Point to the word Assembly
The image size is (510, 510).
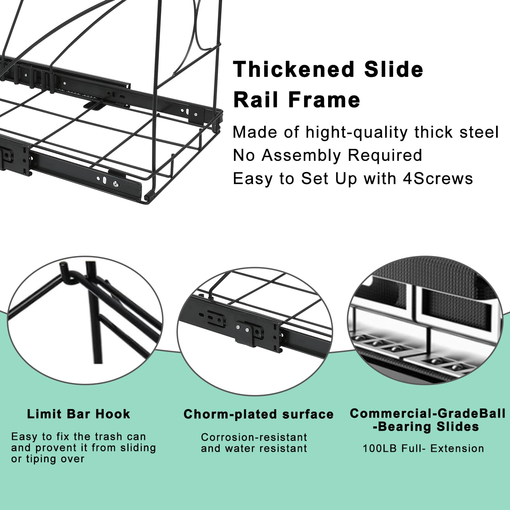tap(301, 156)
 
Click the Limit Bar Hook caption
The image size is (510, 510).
tap(79, 414)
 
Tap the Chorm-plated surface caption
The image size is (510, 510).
tap(258, 414)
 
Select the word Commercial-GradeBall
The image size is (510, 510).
tap(428, 413)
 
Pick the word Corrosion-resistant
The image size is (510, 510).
tap(254, 437)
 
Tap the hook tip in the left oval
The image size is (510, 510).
tap(63, 265)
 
